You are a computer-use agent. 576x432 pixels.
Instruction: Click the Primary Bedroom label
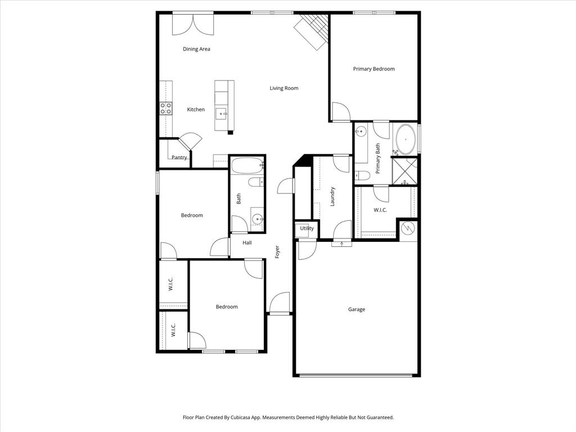[373, 69]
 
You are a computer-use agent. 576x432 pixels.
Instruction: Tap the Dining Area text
[196, 49]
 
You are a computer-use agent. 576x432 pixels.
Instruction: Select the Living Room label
[283, 88]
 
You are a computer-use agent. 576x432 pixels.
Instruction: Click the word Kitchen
[196, 110]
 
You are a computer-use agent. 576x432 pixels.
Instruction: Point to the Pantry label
[179, 157]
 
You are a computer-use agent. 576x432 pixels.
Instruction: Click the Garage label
[356, 309]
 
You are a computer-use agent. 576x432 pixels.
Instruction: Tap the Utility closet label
[307, 228]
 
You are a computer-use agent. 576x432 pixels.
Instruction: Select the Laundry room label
[332, 196]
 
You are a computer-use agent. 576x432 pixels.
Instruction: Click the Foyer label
[277, 251]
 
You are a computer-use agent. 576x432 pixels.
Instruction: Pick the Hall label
[247, 243]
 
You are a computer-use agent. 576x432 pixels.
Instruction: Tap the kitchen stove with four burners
[165, 108]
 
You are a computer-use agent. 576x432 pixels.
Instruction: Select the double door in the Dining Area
[193, 22]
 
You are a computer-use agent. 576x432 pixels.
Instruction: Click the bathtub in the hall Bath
[247, 166]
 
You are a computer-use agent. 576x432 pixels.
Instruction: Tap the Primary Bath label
[378, 157]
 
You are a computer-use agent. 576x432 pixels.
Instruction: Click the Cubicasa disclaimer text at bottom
[288, 417]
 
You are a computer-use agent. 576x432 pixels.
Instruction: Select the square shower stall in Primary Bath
[406, 171]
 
